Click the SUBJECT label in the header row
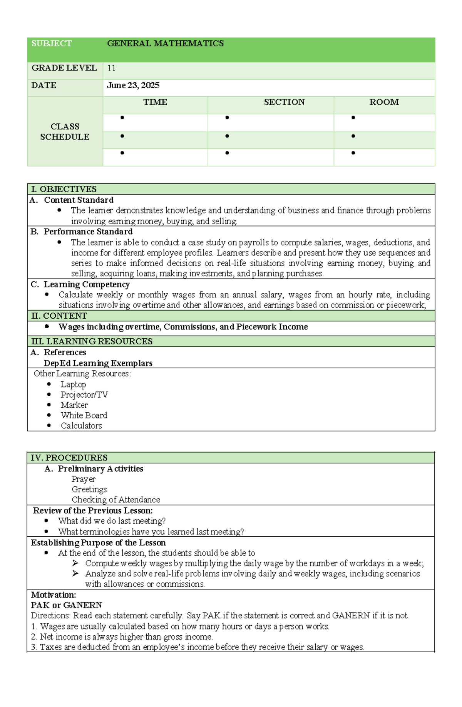52,44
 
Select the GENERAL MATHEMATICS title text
165,44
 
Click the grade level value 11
111,68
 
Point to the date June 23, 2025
133,86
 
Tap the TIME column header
155,102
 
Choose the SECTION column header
284,102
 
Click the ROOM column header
384,102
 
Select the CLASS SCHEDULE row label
65,132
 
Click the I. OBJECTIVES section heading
64,189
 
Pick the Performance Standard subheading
88,232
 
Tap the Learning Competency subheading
87,284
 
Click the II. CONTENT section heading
59,316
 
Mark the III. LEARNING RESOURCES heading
92,341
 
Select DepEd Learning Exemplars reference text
98,363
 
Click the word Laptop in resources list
73,385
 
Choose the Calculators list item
81,426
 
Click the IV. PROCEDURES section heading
69,458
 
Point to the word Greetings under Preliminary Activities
89,489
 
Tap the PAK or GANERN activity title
67,605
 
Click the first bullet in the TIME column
122,118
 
